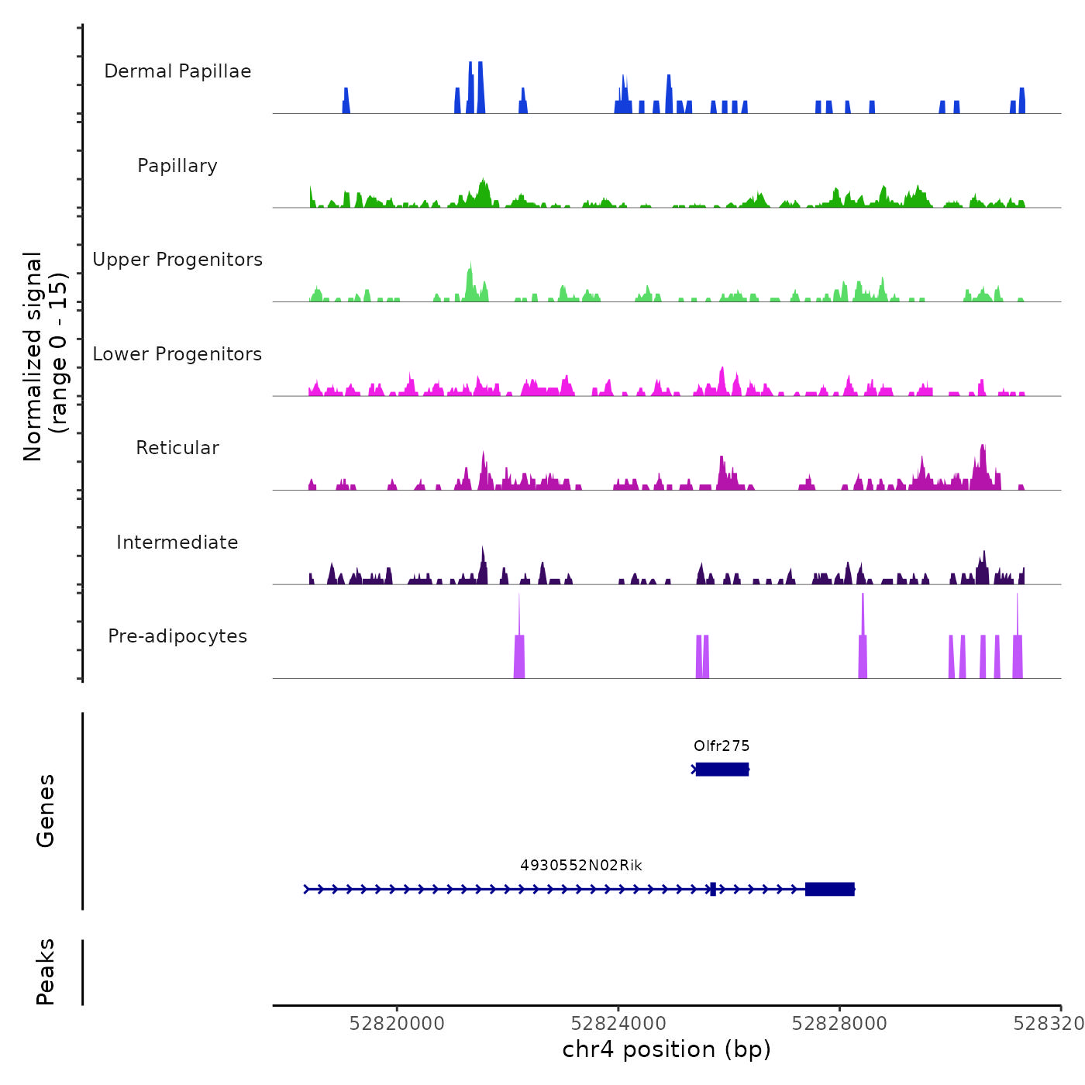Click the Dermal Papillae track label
[177, 71]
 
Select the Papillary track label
[177, 166]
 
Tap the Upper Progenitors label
[177, 260]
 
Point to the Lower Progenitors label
[177, 354]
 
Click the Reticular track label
[177, 448]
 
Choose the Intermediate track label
[177, 542]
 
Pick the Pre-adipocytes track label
[177, 636]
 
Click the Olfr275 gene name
[722, 746]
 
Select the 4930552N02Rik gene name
[581, 866]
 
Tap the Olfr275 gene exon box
[722, 769]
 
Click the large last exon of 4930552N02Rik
[829, 889]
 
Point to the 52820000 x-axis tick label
[397, 1024]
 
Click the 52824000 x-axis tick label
[618, 1024]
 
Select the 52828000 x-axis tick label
[839, 1024]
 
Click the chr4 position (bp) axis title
[666, 1050]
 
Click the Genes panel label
[46, 811]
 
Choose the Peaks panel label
[46, 972]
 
